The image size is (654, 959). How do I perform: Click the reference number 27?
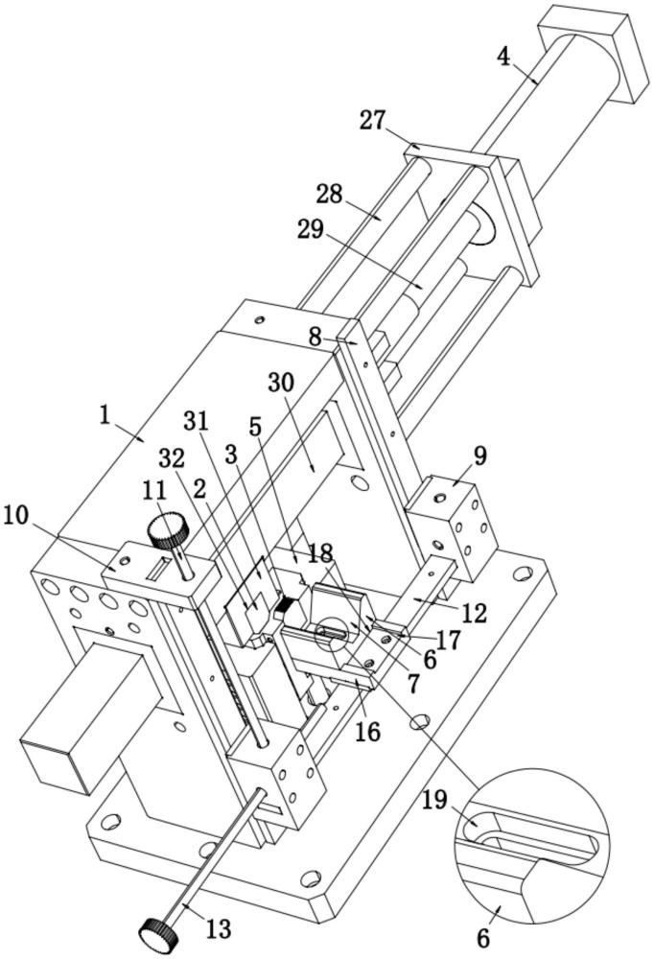pyautogui.click(x=373, y=121)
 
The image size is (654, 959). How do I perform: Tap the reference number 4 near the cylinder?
pyautogui.click(x=503, y=55)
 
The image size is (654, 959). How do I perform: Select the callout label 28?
pyautogui.click(x=330, y=195)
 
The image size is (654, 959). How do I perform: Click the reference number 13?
pyautogui.click(x=219, y=929)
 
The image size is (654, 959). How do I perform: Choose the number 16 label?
pyautogui.click(x=367, y=732)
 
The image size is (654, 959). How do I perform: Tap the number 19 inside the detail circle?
pyautogui.click(x=435, y=799)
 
